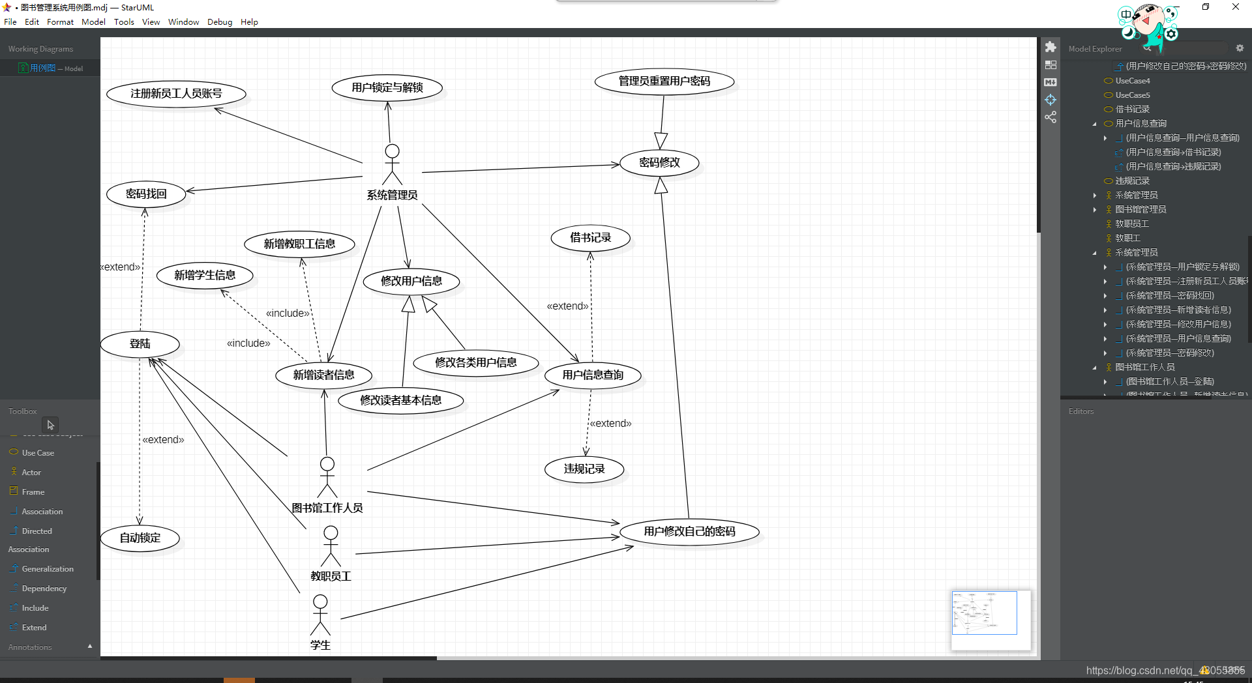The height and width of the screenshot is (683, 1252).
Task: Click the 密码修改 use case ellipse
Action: click(659, 162)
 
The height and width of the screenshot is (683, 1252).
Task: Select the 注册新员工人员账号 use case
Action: click(176, 94)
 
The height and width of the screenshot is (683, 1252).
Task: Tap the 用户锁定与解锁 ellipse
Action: click(387, 87)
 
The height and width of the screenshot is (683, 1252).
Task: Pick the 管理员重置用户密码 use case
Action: click(664, 81)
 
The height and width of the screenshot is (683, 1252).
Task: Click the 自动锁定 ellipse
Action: click(140, 538)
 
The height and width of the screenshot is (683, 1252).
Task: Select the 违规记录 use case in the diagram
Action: click(584, 469)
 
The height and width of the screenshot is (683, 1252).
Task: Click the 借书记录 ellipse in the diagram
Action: click(591, 238)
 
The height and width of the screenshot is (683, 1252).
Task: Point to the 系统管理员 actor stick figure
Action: click(392, 164)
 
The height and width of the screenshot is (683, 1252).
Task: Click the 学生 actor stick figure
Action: click(320, 615)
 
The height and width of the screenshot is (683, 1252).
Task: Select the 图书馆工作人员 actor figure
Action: click(327, 477)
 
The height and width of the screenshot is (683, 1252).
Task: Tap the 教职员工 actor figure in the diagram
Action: click(331, 546)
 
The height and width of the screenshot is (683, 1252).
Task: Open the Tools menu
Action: click(124, 22)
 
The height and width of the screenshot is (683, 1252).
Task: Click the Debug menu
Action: click(220, 22)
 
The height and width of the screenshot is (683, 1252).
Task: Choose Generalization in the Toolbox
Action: click(48, 569)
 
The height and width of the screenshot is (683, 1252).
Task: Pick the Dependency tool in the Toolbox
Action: click(44, 589)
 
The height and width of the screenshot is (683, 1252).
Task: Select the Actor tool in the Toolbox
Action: click(31, 472)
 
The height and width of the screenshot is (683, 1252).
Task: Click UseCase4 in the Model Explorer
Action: click(1133, 81)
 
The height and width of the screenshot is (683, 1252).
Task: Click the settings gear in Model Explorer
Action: click(1240, 48)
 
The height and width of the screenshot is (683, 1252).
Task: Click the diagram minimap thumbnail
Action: click(984, 613)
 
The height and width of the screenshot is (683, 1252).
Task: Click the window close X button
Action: click(1235, 7)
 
